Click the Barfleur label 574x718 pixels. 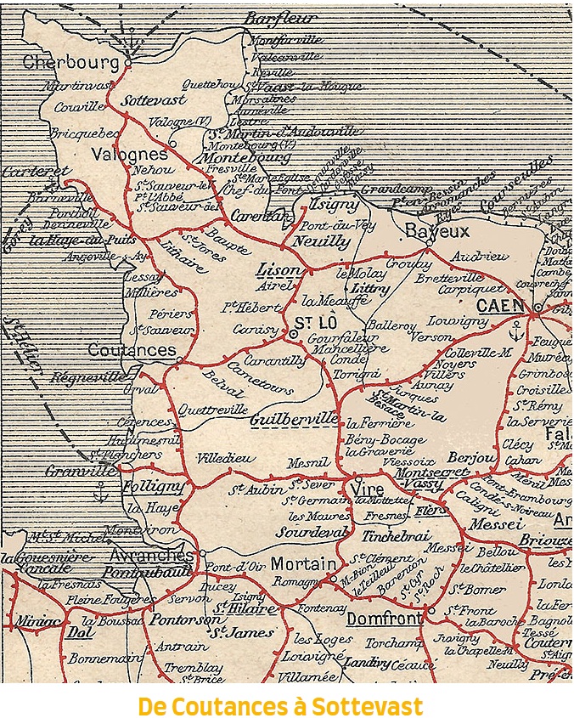tap(280, 18)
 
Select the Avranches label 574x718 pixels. tap(152, 555)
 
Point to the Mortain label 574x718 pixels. tap(303, 563)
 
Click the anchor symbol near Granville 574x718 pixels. tap(101, 490)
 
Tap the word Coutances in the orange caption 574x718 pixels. tap(235, 705)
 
